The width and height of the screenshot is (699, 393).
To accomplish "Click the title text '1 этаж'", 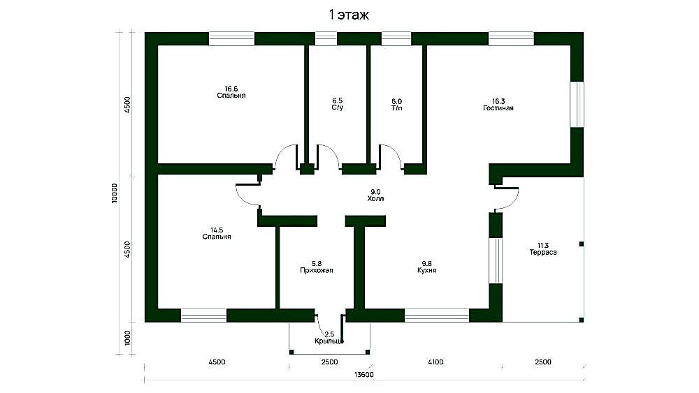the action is point(349,15).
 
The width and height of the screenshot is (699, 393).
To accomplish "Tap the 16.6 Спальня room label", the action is point(231,92).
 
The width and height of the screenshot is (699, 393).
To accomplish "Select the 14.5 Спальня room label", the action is point(217,233).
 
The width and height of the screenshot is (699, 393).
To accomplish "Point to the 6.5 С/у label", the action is point(338,104).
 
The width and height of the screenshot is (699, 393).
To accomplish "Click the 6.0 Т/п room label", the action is point(397,105).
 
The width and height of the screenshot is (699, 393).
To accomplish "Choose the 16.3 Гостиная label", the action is point(498,105).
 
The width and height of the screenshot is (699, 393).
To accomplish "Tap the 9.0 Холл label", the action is point(375,195).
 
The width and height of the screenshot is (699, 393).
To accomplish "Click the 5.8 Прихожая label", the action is point(317,267).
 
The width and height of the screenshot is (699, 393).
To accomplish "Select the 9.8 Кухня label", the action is point(427,267).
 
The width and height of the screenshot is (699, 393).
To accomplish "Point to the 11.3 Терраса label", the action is point(543,249).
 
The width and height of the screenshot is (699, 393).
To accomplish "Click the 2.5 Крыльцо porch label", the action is point(329,338).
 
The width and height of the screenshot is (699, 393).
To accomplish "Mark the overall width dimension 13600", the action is point(364,375).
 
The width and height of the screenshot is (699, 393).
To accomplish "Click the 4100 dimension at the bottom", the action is point(435,362).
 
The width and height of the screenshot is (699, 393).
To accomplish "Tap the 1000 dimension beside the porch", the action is point(128,338).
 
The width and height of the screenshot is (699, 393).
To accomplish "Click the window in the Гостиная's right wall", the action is point(577,104).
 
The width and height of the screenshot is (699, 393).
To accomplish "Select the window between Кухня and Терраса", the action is point(496,261).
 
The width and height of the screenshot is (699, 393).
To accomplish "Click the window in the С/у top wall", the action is point(326,38).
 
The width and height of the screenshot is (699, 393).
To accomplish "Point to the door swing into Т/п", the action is point(391,156).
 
